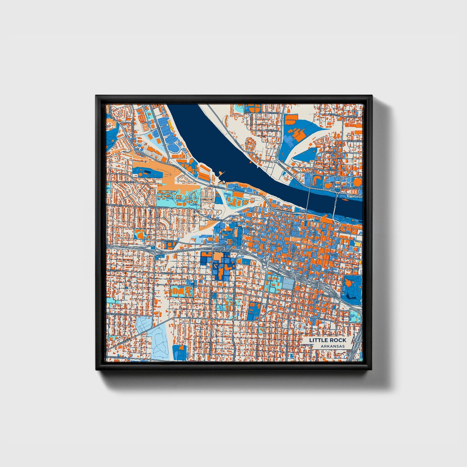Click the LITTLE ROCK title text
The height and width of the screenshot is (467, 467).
click(327, 340)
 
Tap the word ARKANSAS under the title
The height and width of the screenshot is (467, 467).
click(333, 346)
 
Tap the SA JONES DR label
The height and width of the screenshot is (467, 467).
click(355, 141)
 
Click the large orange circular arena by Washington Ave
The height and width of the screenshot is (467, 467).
click(357, 182)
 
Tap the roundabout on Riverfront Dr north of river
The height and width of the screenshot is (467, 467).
click(277, 161)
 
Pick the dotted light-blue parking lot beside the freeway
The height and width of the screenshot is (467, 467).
click(288, 284)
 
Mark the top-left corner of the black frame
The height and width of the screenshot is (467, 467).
click(96, 96)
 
